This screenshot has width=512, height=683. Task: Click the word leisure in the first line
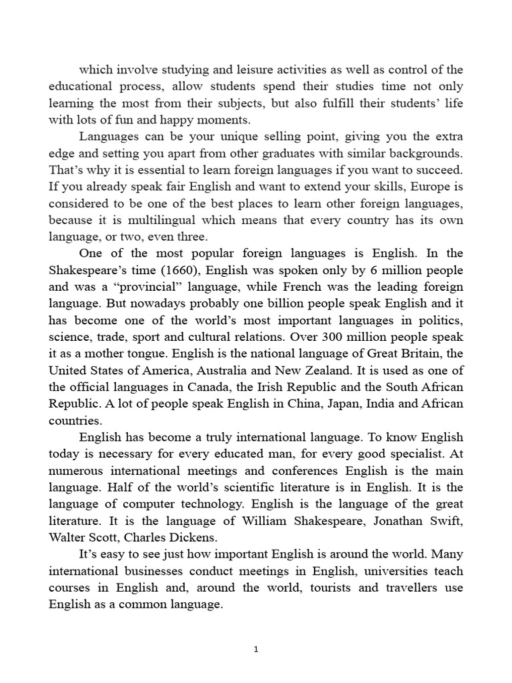click(225, 70)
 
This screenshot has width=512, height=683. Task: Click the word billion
click(249, 303)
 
